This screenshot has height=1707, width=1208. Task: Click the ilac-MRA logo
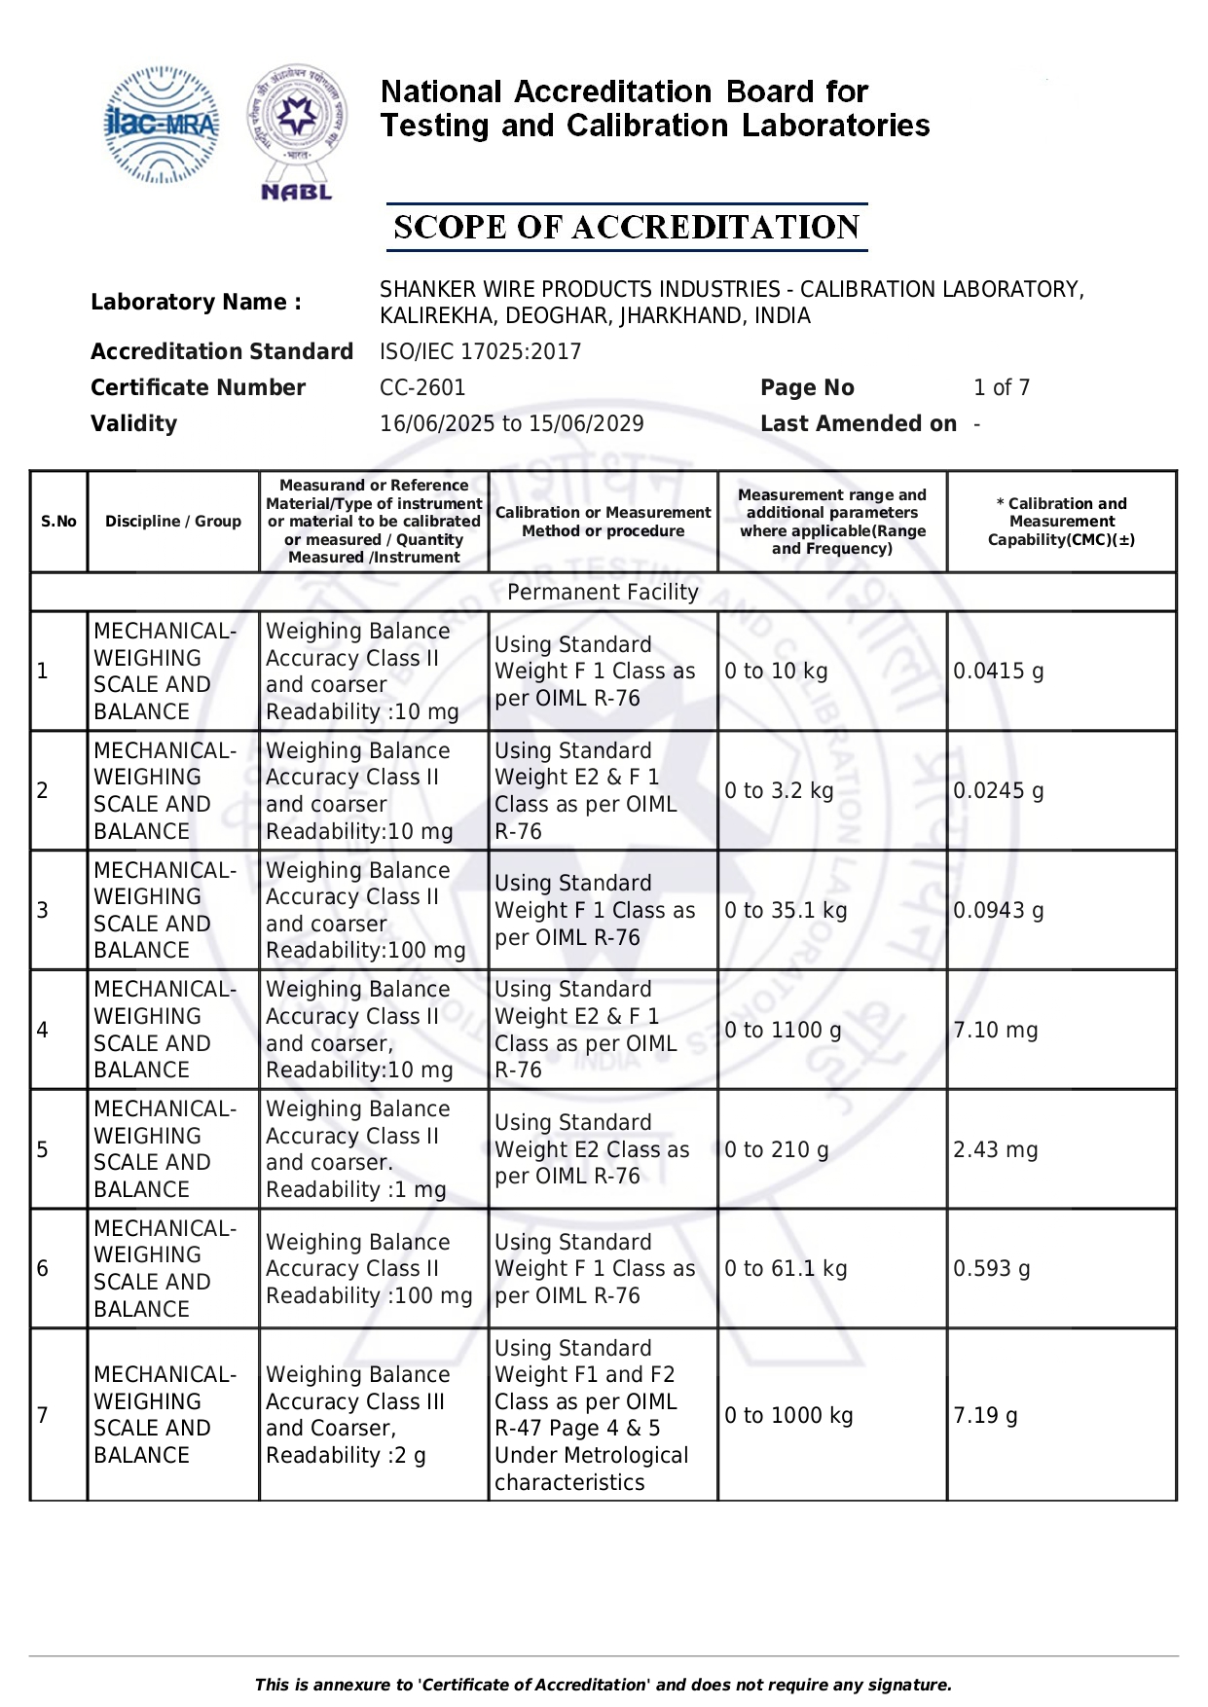point(161,125)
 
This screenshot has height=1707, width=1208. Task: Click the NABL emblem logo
point(296,132)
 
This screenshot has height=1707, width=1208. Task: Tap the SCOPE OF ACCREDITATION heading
point(626,228)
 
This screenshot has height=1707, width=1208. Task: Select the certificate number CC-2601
point(422,387)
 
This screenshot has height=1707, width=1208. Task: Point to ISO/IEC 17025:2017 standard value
point(480,351)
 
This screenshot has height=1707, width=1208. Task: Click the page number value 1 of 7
point(1001,387)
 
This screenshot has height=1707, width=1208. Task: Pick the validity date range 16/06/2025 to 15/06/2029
point(511,423)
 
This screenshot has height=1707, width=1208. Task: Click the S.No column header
point(58,522)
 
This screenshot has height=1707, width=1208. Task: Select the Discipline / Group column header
point(173,522)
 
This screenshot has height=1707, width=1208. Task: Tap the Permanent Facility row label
point(603,592)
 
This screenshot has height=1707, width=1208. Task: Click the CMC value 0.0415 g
point(998,672)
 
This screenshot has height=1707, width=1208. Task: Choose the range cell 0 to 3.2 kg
point(779,790)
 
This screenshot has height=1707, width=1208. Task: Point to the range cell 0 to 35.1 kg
point(786,910)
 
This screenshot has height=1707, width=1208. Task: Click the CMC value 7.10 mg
point(995,1030)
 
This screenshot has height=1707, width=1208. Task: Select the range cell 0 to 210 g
point(776,1149)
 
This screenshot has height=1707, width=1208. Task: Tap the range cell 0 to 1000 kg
point(788,1415)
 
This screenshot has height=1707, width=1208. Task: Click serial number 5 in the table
point(42,1149)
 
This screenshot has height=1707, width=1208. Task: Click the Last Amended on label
point(858,423)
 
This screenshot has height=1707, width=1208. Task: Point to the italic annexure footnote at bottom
point(603,1685)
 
